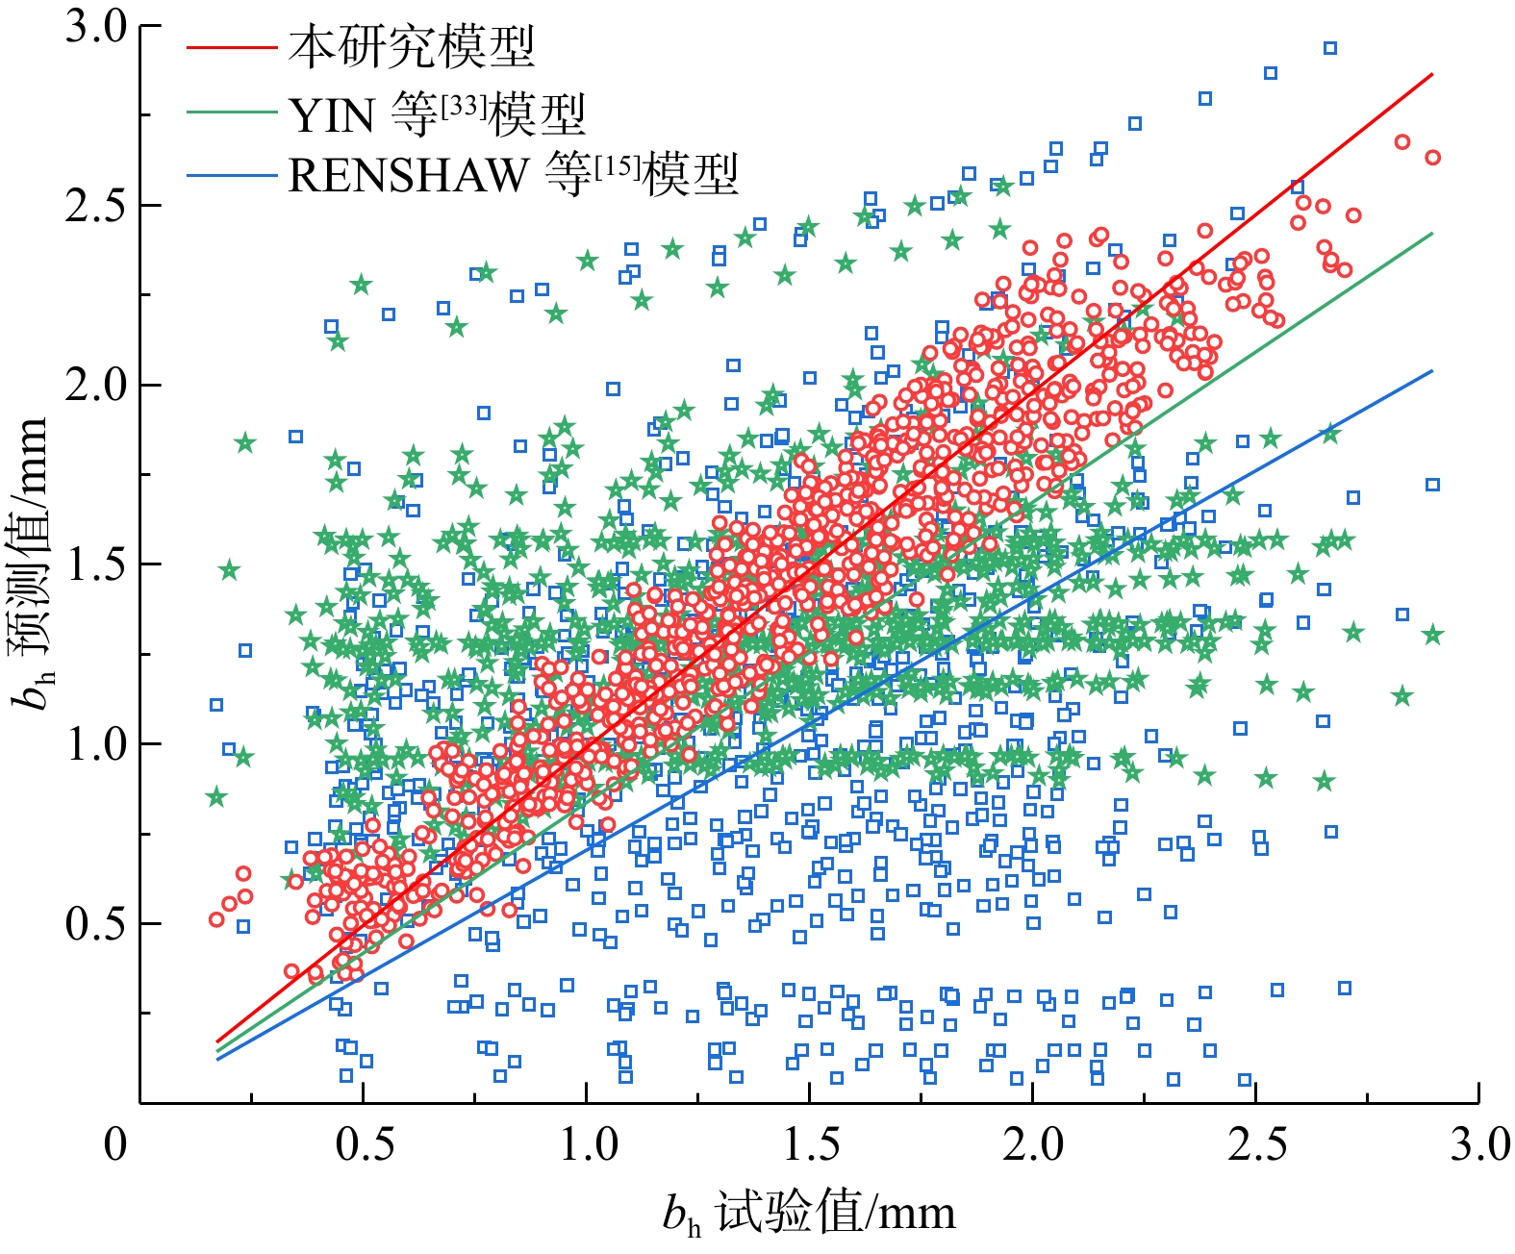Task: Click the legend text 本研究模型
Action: [x=412, y=46]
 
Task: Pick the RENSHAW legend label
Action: [x=513, y=175]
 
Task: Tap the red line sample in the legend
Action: [x=231, y=47]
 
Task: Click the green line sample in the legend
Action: [x=231, y=113]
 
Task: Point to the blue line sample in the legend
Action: [x=231, y=175]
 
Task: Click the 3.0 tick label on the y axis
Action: [x=96, y=27]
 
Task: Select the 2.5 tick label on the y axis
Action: [x=96, y=206]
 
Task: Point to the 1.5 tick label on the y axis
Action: [x=96, y=564]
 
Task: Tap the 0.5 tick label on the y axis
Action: [x=96, y=924]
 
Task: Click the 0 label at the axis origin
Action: [x=115, y=1144]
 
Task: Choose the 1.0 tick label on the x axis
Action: [x=589, y=1144]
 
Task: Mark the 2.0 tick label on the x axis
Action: [x=1034, y=1144]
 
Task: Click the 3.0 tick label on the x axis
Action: [x=1479, y=1144]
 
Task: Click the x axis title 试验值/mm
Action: [x=810, y=1214]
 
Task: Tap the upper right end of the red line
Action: [x=1432, y=74]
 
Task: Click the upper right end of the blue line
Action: [x=1432, y=371]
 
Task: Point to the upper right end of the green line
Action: [x=1432, y=234]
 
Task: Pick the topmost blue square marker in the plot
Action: [x=1330, y=48]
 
